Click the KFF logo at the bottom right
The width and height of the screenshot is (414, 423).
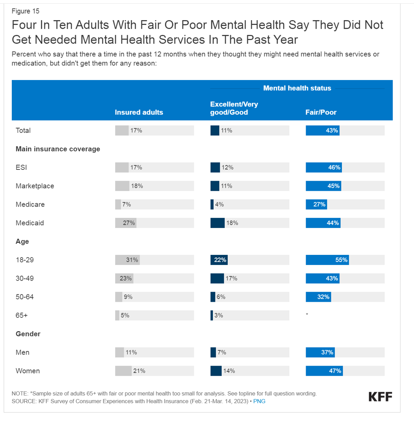[380, 396]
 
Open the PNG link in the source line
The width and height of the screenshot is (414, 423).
[259, 401]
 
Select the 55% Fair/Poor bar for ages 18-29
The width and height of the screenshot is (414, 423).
[327, 260]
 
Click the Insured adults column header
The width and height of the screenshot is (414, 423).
[139, 112]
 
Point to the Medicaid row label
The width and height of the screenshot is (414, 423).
[30, 223]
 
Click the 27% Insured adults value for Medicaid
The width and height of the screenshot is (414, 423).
[129, 223]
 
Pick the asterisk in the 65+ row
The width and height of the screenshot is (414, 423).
[307, 315]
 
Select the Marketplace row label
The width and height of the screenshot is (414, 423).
[35, 186]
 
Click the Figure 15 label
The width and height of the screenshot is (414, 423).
[25, 11]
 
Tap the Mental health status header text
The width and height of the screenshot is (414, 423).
[297, 88]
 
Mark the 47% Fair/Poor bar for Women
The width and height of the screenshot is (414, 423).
[324, 371]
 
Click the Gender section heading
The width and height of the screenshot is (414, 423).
[28, 334]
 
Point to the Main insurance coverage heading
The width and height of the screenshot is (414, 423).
[58, 149]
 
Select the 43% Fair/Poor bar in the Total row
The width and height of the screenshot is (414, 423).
[323, 130]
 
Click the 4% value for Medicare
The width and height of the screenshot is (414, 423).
[219, 204]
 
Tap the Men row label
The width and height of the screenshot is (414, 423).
[23, 352]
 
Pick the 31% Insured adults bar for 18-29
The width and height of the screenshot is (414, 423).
[127, 260]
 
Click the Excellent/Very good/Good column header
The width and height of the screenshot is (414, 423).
[234, 108]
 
